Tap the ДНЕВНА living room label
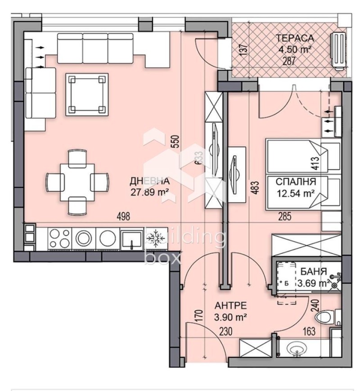149,181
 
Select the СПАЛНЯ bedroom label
295,182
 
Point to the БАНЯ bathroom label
311,271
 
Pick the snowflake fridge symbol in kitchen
156,238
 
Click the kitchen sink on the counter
131,238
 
